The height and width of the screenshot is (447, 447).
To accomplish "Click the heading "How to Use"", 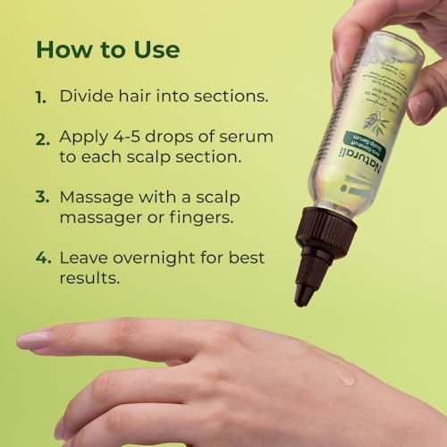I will pos(107,48).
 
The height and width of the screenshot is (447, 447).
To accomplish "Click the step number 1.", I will pos(41,97).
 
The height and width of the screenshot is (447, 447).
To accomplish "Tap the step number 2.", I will pos(42,140).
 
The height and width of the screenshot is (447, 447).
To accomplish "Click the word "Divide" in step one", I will pos(86,96).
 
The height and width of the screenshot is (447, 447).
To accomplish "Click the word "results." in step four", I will pos(90,280).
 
